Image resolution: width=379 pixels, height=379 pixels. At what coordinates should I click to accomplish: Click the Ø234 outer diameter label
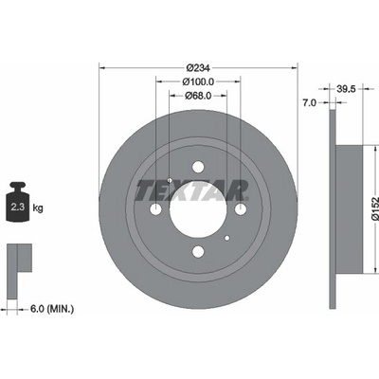pyautogui.click(x=198, y=67)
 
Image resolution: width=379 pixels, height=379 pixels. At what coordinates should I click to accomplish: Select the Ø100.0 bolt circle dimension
pyautogui.click(x=198, y=81)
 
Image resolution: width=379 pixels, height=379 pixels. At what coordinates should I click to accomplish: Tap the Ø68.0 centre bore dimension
pyautogui.click(x=198, y=96)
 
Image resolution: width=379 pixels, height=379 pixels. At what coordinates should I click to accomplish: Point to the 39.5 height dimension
pyautogui.click(x=346, y=89)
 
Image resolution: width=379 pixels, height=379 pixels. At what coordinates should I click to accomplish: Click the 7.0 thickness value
pyautogui.click(x=309, y=102)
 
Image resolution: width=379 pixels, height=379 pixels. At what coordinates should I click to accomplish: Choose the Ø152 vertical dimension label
pyautogui.click(x=374, y=208)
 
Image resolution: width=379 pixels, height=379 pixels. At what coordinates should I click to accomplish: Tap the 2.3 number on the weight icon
pyautogui.click(x=18, y=208)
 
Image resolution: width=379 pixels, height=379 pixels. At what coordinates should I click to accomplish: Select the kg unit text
pyautogui.click(x=38, y=208)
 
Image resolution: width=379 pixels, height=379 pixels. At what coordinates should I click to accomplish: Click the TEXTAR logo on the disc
pyautogui.click(x=191, y=190)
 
